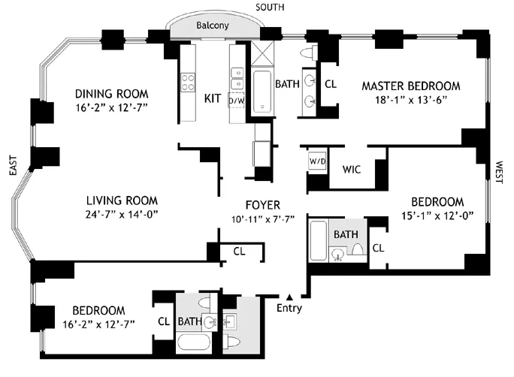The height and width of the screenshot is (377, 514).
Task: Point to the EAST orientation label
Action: coord(11,172)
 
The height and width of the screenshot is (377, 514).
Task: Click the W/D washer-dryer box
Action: coord(316,161)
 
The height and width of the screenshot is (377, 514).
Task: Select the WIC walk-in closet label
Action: coord(351,169)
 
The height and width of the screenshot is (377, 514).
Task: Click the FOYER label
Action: coord(263,205)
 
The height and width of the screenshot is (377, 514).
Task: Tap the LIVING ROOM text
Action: coord(121,201)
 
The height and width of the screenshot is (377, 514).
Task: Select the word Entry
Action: coord(289,309)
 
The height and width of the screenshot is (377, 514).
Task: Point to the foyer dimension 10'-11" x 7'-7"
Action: coord(263,219)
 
